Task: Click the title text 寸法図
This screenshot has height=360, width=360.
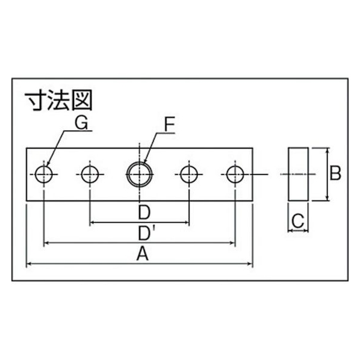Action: pyautogui.click(x=59, y=101)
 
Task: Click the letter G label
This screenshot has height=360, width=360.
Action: pyautogui.click(x=81, y=123)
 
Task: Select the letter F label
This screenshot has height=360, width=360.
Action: pyautogui.click(x=170, y=125)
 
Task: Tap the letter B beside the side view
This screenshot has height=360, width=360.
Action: pyautogui.click(x=335, y=173)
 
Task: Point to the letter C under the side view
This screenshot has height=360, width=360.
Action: pyautogui.click(x=298, y=220)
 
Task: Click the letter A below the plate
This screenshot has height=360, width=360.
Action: pyautogui.click(x=143, y=253)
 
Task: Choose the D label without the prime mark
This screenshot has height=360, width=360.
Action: pyautogui.click(x=144, y=213)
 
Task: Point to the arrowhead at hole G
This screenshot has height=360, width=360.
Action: pyautogui.click(x=47, y=164)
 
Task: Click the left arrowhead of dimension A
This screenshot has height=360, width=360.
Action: pyautogui.click(x=29, y=264)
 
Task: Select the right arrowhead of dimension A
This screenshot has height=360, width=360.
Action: pyautogui.click(x=250, y=264)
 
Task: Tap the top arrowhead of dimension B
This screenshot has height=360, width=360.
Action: pyautogui.click(x=328, y=151)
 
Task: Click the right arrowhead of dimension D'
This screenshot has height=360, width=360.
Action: pyautogui.click(x=232, y=243)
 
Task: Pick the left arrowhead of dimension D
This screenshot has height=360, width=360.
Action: pyautogui.click(x=93, y=222)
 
